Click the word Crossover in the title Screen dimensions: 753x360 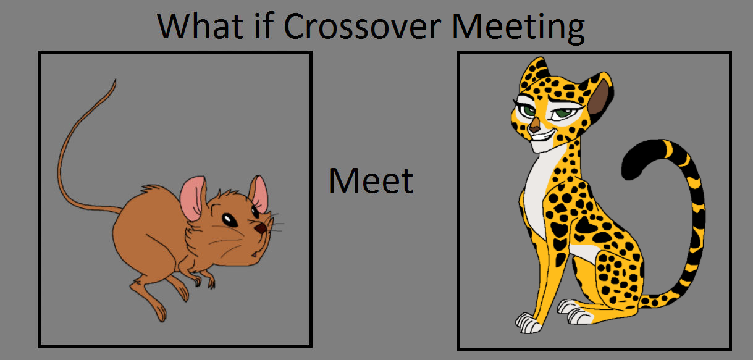coord(363,26)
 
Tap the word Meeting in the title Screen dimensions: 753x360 coord(518,28)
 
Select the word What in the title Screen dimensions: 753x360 coord(200,26)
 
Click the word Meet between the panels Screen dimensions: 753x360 coord(371,181)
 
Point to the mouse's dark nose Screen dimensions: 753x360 coord(260,228)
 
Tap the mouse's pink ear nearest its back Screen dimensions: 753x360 coord(193,198)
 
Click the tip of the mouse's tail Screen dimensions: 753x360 coord(115,80)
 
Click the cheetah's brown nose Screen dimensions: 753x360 coord(534,127)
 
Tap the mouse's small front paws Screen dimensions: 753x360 coord(204,280)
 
